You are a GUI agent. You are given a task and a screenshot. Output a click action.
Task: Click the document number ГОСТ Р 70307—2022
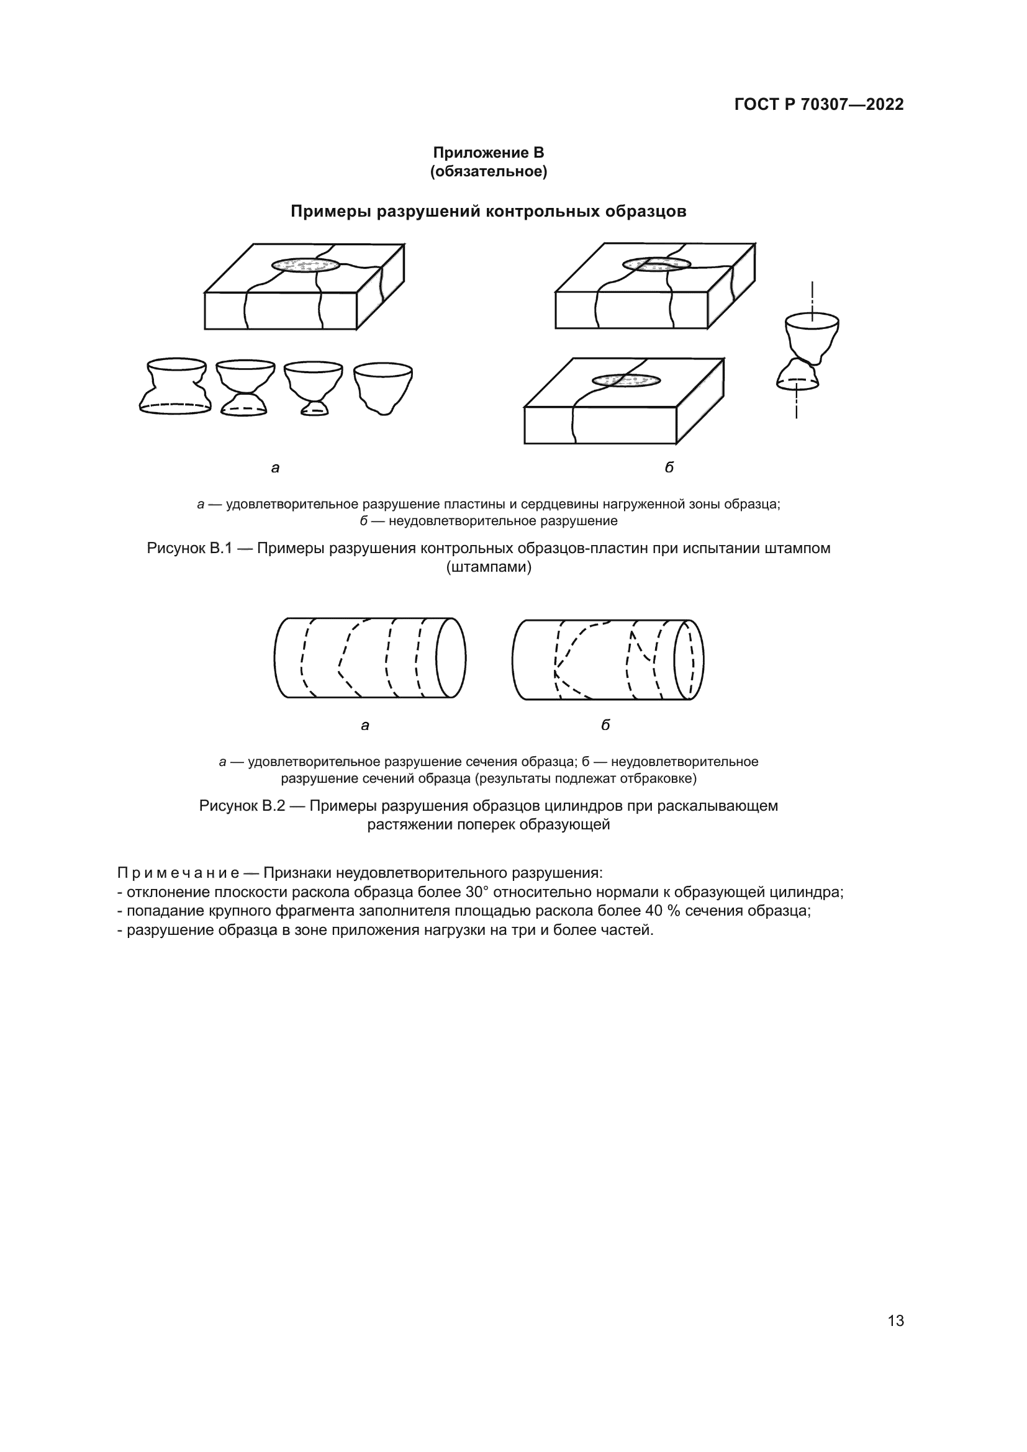click(x=818, y=104)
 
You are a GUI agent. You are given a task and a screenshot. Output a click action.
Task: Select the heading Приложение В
click(x=488, y=153)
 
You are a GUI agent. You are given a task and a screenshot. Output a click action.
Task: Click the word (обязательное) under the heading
click(x=488, y=171)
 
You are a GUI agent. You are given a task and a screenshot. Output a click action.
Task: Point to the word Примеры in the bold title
click(x=331, y=211)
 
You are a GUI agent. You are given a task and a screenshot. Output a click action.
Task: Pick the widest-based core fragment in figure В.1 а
click(x=175, y=386)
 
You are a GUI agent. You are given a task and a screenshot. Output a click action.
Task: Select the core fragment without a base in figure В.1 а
click(x=382, y=387)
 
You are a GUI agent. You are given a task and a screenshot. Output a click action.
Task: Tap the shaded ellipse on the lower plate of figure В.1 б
click(x=626, y=381)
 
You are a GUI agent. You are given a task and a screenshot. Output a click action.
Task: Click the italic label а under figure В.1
click(x=275, y=468)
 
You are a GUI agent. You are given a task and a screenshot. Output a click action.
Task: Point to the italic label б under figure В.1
click(x=669, y=467)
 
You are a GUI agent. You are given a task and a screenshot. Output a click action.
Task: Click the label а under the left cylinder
click(x=365, y=725)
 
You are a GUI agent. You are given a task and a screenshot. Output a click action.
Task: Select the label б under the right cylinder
click(x=605, y=724)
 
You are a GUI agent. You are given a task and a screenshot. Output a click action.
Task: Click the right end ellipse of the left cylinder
click(x=451, y=657)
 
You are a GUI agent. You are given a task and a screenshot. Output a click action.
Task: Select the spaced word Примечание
click(x=178, y=873)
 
